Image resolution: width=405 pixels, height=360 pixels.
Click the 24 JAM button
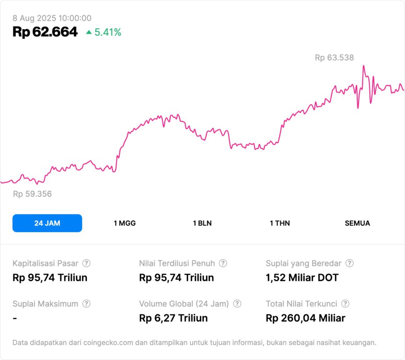(47, 223)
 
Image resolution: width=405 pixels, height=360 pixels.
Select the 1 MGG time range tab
(125, 223)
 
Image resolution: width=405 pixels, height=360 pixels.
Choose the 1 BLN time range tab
(202, 223)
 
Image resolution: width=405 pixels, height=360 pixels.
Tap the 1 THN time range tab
(280, 223)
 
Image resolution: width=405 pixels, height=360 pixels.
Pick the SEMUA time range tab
(357, 223)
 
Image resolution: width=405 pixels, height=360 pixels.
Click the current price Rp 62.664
(45, 32)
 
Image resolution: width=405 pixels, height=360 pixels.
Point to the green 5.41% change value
(108, 32)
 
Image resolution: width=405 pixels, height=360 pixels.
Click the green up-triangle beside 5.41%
(89, 32)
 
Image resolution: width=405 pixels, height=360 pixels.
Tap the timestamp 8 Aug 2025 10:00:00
(52, 18)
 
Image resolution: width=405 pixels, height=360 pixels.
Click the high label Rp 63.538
(334, 58)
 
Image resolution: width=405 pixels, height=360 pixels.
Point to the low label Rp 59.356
(32, 194)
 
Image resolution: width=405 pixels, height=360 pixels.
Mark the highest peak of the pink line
(363, 66)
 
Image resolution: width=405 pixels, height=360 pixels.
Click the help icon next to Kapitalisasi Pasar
(86, 263)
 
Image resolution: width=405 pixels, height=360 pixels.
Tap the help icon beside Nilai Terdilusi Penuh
(223, 263)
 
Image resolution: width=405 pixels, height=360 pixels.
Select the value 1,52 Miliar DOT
(302, 278)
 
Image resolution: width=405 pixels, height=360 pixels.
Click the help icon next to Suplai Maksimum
(86, 304)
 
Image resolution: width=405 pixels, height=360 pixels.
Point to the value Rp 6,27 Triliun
(174, 318)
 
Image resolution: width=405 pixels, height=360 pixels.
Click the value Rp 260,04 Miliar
(306, 318)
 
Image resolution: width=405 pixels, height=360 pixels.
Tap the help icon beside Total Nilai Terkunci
(345, 304)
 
